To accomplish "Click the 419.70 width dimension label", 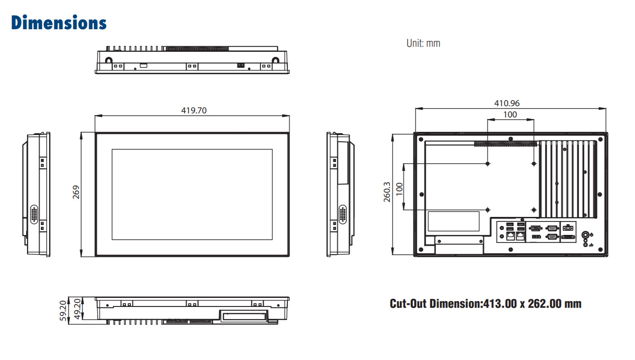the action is pos(194,110).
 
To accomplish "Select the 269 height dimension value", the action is pos(76,192).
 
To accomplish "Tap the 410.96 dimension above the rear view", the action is pos(507,103).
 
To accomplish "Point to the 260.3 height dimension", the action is pos(387,192).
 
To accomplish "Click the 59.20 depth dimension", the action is pos(63,310).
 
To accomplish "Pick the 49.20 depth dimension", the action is pos(77,309).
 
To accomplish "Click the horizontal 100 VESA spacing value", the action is pos(510,115).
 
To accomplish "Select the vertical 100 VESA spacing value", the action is pos(399,189).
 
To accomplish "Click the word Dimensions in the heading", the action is pos(59,22).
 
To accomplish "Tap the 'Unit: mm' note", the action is pos(423,43).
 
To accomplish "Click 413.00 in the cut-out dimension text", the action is pos(500,304).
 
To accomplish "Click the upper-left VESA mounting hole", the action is pos(487,164).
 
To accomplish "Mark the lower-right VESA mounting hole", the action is pos(534,210).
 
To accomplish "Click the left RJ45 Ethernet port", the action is pos(510,236).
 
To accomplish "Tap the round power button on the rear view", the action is pos(585,235).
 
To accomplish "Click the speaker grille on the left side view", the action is pos(34,214).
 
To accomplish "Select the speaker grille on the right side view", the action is pos(342,214).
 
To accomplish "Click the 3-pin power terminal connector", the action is pos(568,228).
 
